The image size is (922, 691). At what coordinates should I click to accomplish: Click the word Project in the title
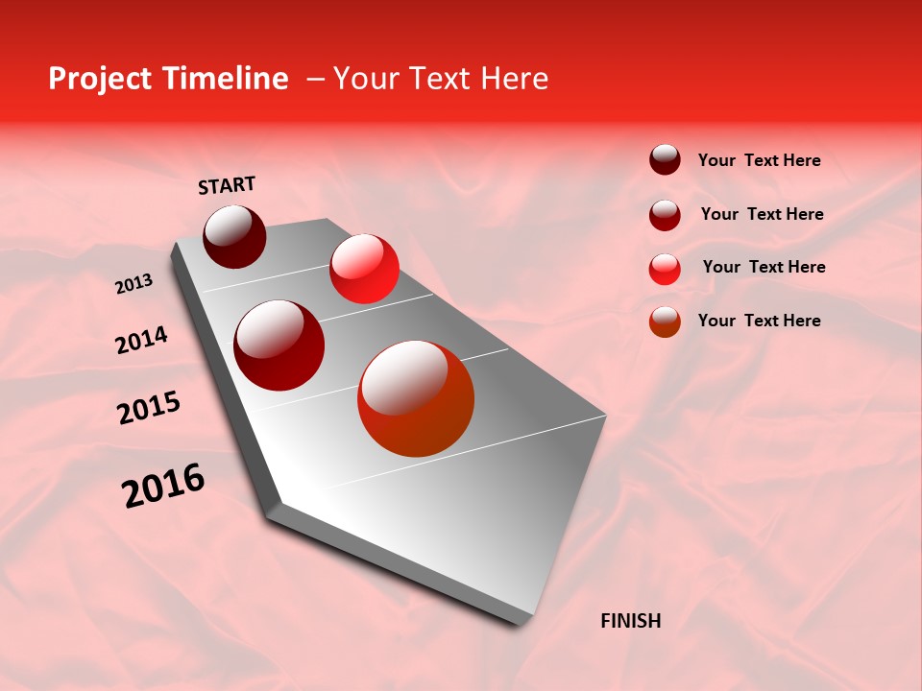[x=98, y=80]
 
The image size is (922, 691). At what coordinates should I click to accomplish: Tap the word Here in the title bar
[x=515, y=79]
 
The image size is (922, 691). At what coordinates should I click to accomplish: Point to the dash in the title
[x=315, y=80]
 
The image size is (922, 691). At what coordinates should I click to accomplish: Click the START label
[x=227, y=185]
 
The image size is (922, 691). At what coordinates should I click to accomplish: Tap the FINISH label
[x=630, y=621]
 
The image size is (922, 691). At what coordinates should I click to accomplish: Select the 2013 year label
[x=133, y=284]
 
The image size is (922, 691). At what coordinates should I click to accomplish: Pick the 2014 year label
[x=141, y=340]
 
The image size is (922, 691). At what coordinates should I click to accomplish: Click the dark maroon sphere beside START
[x=234, y=236]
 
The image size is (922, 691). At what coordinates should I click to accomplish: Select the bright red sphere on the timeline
[x=364, y=269]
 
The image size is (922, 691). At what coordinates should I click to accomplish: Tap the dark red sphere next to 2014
[x=279, y=345]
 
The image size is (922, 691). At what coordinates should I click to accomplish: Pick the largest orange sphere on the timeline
[x=416, y=399]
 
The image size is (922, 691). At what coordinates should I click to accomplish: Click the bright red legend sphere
[x=665, y=268]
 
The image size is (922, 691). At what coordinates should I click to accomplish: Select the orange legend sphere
[x=665, y=322]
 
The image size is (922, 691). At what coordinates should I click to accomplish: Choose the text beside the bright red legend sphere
[x=764, y=267]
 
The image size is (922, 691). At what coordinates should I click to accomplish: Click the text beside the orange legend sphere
[x=759, y=321]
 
